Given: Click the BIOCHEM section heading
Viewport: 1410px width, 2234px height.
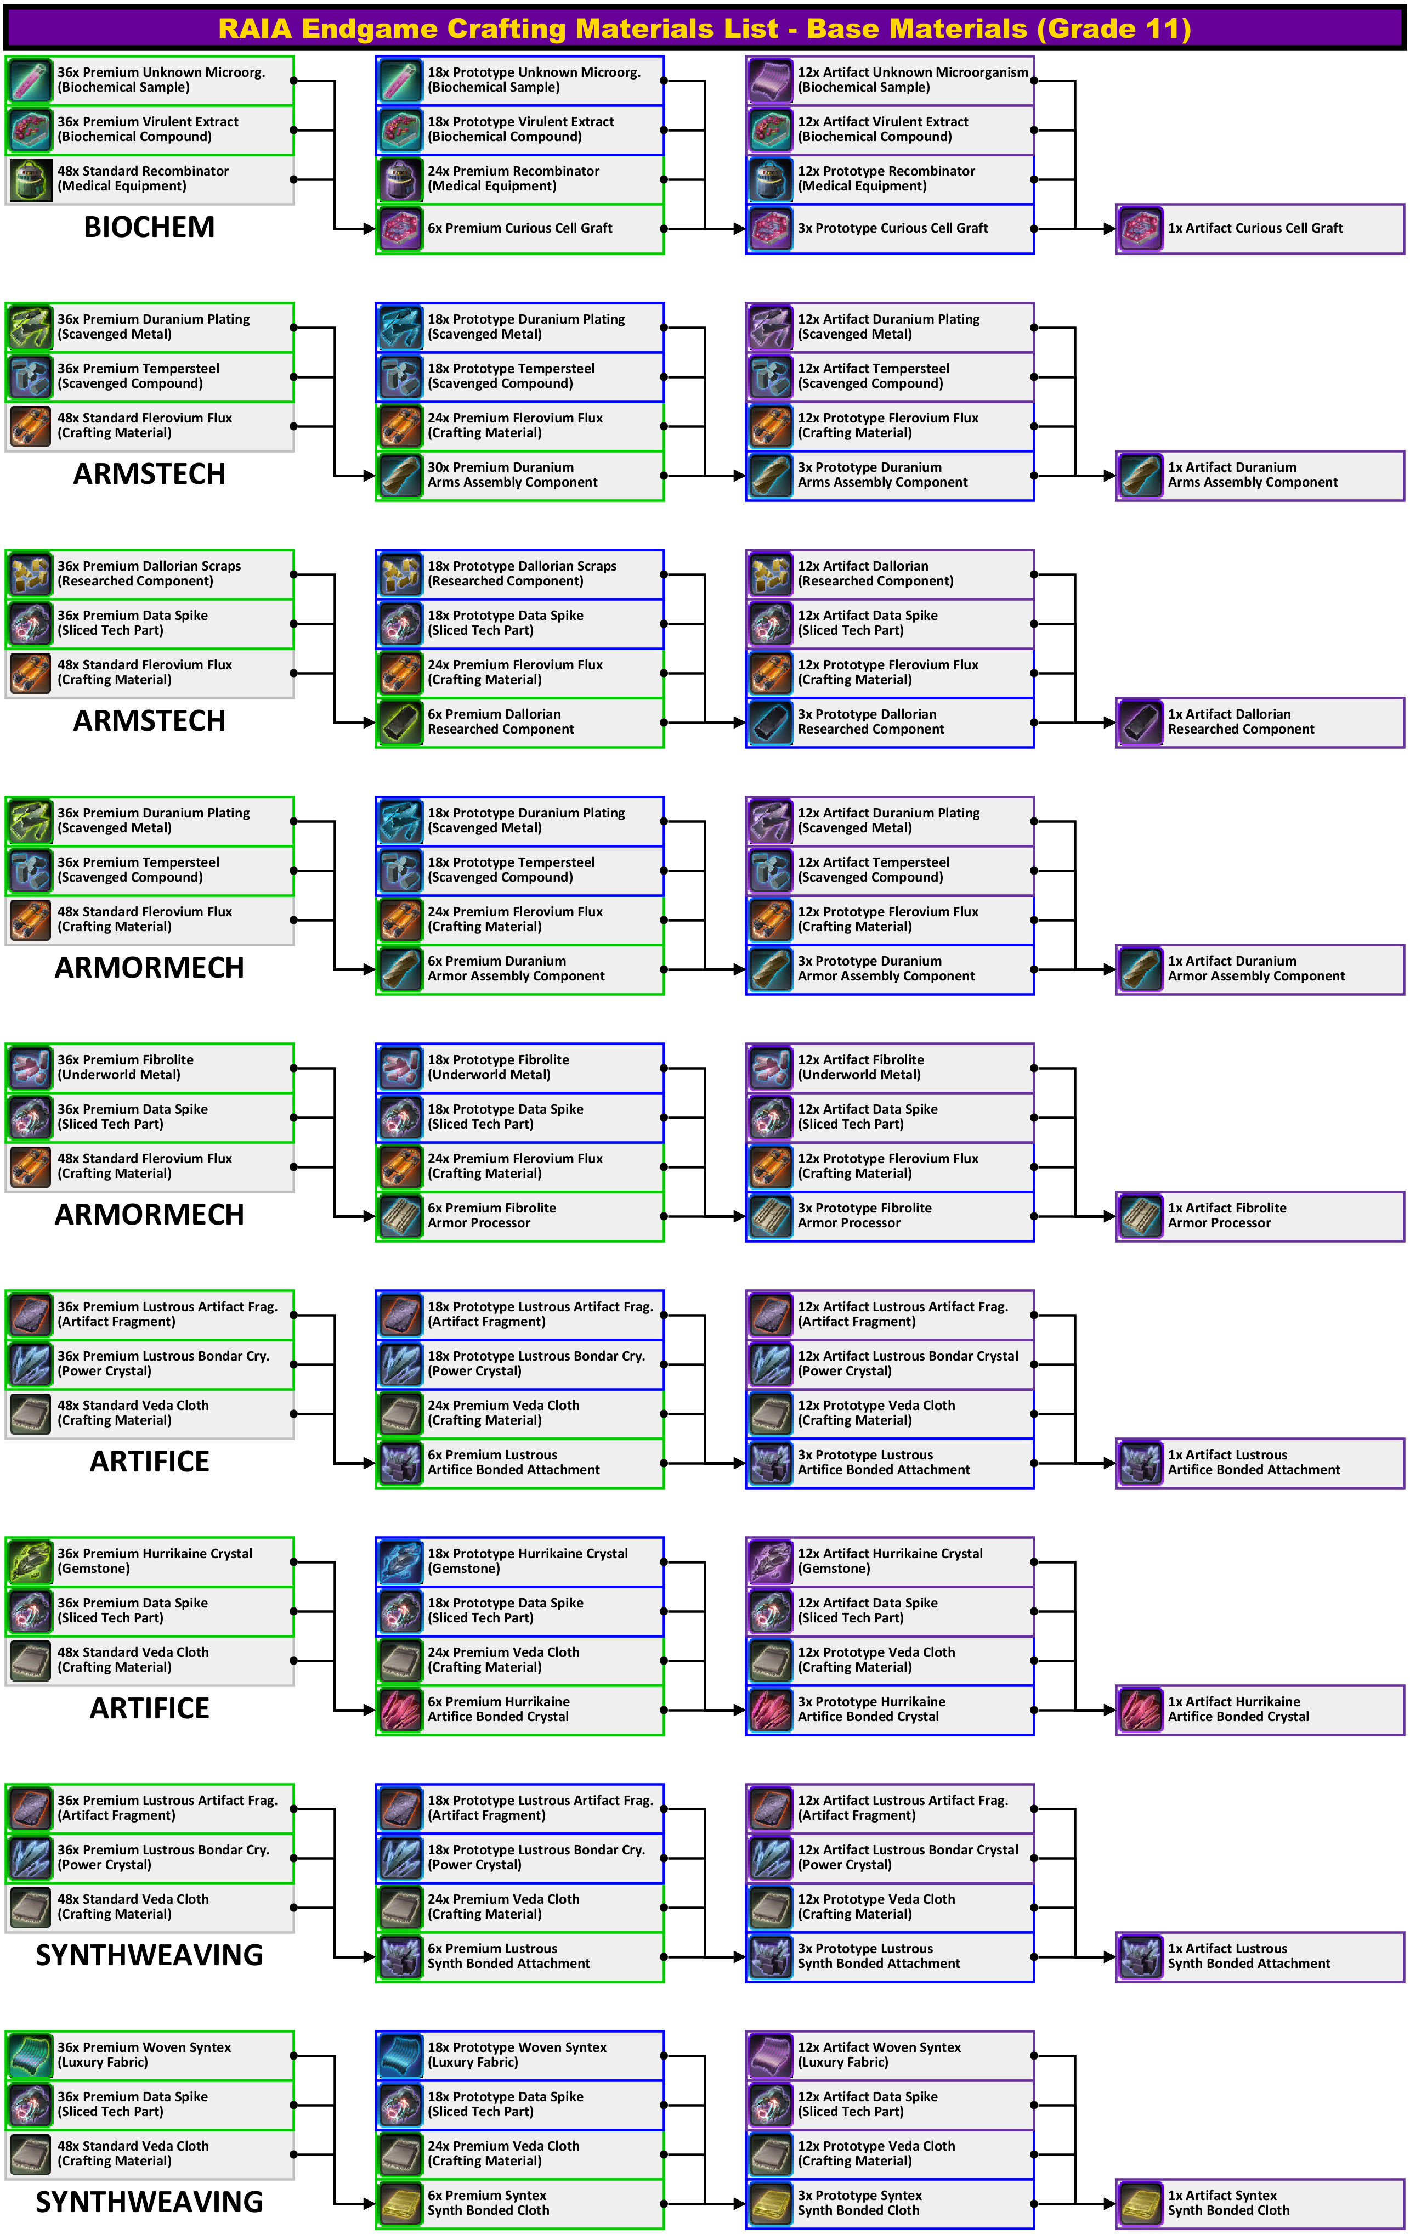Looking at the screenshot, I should [x=149, y=227].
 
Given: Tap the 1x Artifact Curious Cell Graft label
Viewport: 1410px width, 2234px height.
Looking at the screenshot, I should [x=1254, y=228].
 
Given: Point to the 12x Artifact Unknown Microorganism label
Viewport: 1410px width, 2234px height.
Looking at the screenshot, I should [x=912, y=80].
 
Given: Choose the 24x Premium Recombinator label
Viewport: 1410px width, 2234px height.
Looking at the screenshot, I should [x=513, y=178].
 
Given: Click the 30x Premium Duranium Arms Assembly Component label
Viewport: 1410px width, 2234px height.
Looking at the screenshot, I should [x=512, y=475].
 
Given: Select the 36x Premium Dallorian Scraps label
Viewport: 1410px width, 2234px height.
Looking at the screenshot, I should [x=149, y=573].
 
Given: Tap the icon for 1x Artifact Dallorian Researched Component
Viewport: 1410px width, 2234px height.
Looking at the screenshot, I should [x=1140, y=723].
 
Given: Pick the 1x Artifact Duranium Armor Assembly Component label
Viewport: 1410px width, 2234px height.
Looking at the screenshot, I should [x=1255, y=968].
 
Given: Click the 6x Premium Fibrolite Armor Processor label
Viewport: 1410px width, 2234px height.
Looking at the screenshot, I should [x=491, y=1215].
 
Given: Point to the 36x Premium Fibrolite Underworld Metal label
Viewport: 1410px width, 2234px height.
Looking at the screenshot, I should [x=125, y=1067].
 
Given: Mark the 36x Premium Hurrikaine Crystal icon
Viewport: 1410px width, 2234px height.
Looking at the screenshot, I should [x=31, y=1561].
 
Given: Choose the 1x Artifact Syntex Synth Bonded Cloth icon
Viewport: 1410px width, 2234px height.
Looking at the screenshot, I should [x=1140, y=2203].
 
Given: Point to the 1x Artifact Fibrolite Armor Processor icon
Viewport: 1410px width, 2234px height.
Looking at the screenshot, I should [x=1140, y=1216].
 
